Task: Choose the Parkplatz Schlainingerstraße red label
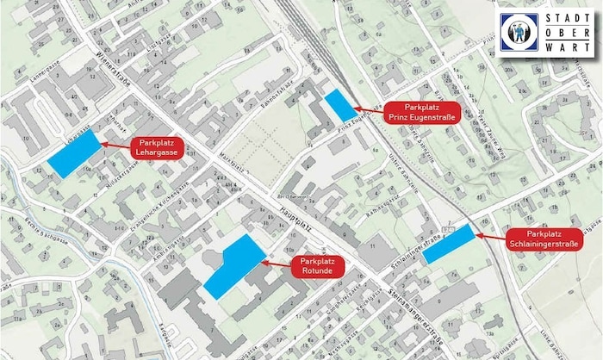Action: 550,239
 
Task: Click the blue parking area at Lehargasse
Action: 74,155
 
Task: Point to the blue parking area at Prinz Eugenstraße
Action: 340,105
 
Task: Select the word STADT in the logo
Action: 563,19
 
